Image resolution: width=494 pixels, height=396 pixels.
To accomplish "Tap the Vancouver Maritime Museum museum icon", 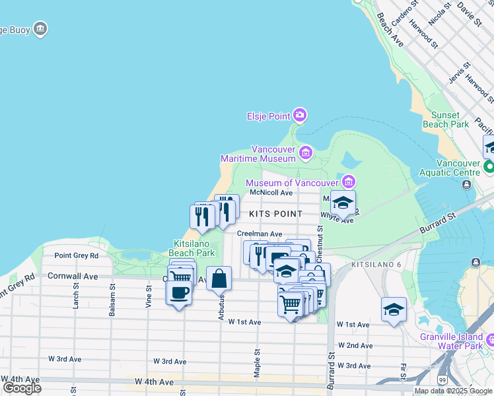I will coord(305,154).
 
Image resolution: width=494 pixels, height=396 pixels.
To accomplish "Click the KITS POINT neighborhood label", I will coord(275,214).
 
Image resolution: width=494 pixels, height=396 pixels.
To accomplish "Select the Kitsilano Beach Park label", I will coord(193,247).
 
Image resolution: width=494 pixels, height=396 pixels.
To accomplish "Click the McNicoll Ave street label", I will coord(271,193).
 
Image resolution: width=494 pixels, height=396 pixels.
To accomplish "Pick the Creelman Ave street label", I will coord(260,234).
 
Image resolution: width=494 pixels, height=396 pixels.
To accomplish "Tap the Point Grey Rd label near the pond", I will coord(76,255).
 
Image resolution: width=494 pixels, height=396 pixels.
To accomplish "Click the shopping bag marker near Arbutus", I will coord(219,279).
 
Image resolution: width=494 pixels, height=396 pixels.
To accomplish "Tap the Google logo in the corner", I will coord(22,387).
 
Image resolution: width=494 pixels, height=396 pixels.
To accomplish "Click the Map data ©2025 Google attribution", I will coord(453,391).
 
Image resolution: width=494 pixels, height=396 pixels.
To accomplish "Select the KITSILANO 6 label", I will coord(376,265).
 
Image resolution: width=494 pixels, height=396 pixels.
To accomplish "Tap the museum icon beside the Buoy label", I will coord(40,29).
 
